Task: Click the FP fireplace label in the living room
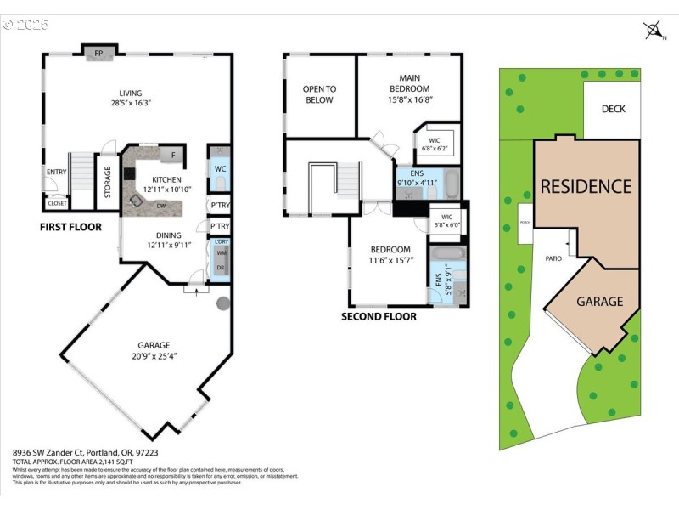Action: pos(98,54)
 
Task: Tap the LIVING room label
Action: pos(130,93)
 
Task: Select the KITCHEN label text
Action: pos(166,179)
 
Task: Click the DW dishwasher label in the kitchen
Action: pos(160,206)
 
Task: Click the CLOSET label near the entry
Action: pos(57,203)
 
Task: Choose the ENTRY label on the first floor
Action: pos(56,173)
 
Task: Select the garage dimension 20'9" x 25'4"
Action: pos(154,356)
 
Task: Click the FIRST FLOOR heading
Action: pos(70,227)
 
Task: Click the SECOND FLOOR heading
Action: pos(379,316)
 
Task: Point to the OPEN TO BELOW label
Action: pos(319,94)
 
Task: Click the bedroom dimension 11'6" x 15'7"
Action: pos(390,260)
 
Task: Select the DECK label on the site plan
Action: pos(613,109)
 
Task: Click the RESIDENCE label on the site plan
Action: pos(586,186)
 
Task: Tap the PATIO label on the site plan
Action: pos(553,258)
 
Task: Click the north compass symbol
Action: pos(654,31)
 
